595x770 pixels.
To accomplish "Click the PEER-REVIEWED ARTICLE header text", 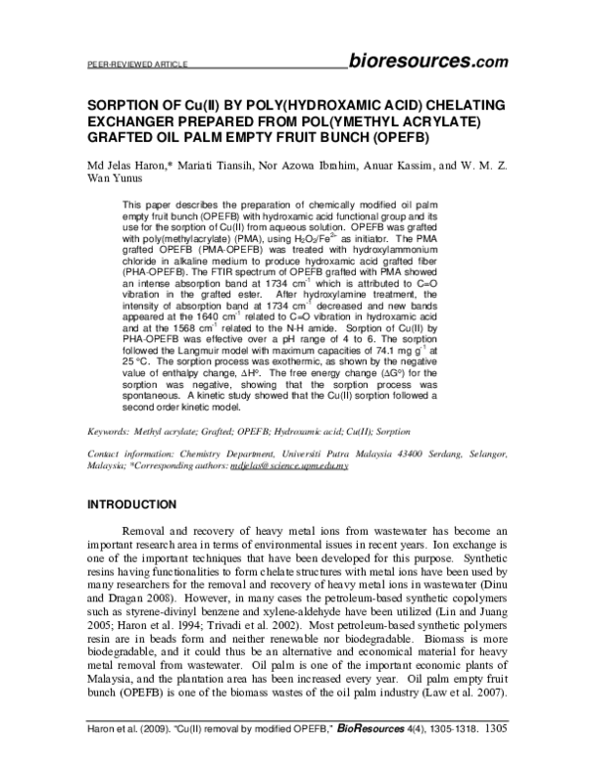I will click(125, 65).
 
